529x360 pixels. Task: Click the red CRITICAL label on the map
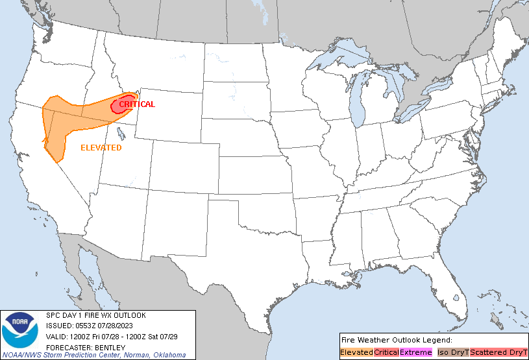(x=137, y=104)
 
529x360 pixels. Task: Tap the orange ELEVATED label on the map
(x=101, y=148)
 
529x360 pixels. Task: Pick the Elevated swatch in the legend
(x=356, y=352)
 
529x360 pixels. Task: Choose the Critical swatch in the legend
(x=386, y=352)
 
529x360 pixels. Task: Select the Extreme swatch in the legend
(x=415, y=352)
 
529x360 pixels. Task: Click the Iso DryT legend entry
(x=453, y=352)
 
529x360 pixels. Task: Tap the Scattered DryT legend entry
(x=498, y=352)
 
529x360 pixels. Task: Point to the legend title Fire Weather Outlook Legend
(x=397, y=340)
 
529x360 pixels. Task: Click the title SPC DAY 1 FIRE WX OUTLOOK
(x=96, y=315)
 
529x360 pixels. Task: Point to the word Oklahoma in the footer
(x=169, y=355)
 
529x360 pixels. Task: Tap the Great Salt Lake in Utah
(x=121, y=134)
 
